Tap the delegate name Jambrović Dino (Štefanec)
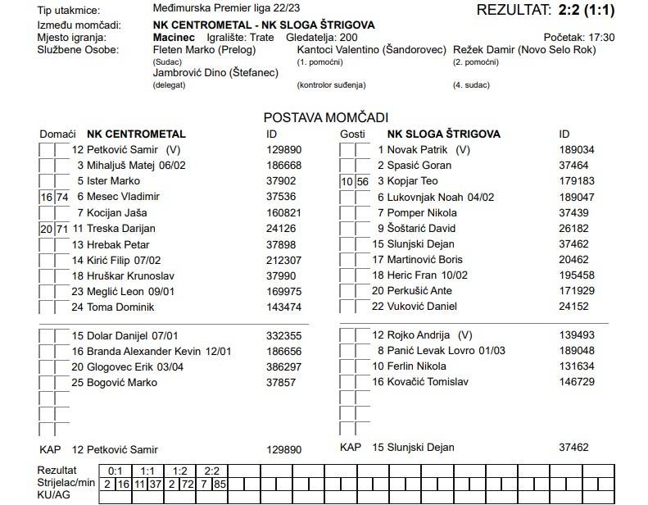(x=215, y=73)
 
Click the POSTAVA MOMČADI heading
(x=325, y=118)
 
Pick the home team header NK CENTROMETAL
(x=136, y=134)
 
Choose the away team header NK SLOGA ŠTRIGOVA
(x=443, y=134)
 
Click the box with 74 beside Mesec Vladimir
(x=62, y=197)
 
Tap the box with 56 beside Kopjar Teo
(x=363, y=181)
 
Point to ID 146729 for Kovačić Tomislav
(x=576, y=382)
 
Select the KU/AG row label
(x=55, y=496)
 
